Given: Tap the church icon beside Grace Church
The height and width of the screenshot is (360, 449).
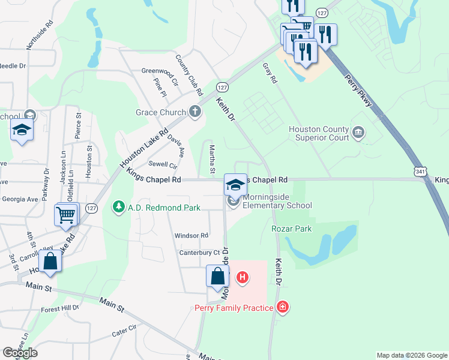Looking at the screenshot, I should [x=194, y=112].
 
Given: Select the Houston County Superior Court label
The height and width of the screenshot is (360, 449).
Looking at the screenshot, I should [x=319, y=133].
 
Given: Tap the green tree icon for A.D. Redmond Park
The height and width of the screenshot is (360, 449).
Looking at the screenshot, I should [x=118, y=208].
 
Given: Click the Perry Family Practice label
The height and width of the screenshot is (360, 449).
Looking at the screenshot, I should [x=235, y=308].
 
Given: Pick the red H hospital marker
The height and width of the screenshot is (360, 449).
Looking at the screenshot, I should [x=243, y=277].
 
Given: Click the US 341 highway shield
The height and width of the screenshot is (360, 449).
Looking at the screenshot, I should [x=418, y=172].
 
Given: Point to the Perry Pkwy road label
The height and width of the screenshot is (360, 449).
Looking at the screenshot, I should [x=359, y=93].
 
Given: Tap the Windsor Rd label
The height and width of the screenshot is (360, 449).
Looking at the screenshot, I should [x=191, y=236].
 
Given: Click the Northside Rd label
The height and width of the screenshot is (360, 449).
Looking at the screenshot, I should [x=40, y=36].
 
